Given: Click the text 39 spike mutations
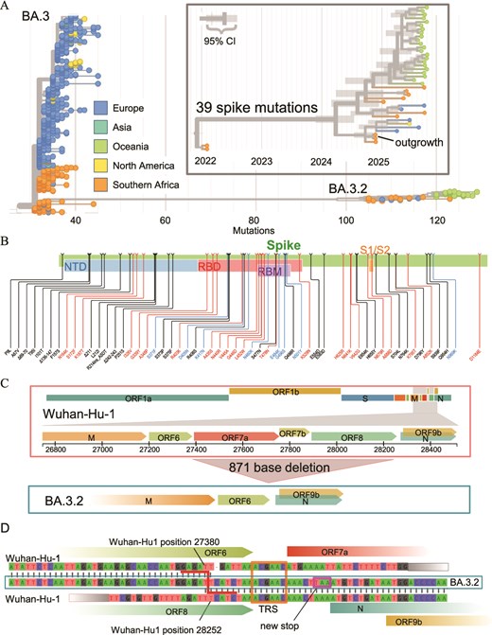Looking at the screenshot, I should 257,107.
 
